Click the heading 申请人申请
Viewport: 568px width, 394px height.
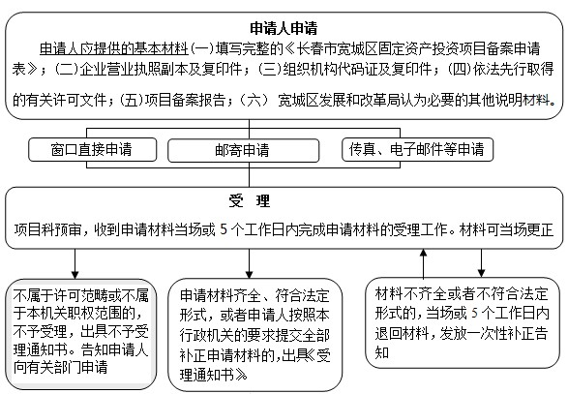tap(284, 28)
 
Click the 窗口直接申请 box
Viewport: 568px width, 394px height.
tap(92, 149)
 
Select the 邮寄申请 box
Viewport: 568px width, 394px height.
tap(243, 150)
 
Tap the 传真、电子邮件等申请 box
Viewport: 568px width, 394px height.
tap(417, 149)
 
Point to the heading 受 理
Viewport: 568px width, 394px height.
tap(250, 200)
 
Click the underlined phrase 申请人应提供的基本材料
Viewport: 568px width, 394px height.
tap(114, 49)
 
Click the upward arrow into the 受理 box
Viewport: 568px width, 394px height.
tap(423, 263)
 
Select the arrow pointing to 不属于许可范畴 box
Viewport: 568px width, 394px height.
tap(75, 263)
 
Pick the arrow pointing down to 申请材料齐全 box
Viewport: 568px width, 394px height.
tap(250, 263)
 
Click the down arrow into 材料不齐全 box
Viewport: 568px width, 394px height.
tap(481, 262)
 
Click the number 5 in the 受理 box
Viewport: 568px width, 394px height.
tap(224, 229)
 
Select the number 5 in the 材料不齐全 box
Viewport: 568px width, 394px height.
tap(474, 314)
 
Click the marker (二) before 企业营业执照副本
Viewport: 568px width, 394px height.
tap(67, 69)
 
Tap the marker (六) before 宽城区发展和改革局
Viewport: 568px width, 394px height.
tap(254, 100)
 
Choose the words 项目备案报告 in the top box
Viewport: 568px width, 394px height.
tap(185, 100)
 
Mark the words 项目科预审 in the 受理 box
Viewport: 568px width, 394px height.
tap(47, 229)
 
